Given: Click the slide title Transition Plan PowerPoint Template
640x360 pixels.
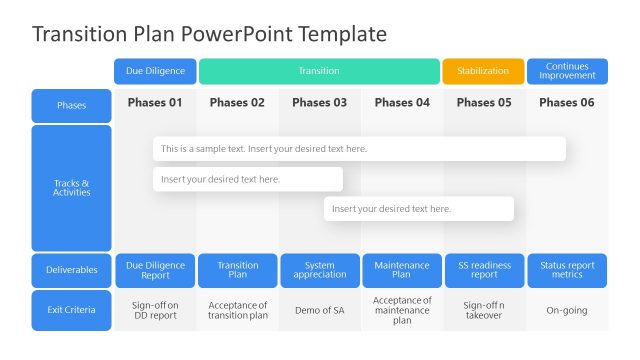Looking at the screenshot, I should click(x=209, y=34).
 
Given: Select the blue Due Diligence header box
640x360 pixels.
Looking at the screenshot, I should click(x=155, y=71).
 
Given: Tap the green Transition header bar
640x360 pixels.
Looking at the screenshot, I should click(x=319, y=71).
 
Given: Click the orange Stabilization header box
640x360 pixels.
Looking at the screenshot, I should click(x=483, y=71).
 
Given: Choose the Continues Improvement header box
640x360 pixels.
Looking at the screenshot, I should click(x=567, y=71).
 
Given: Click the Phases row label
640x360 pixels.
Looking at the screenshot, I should click(x=71, y=105).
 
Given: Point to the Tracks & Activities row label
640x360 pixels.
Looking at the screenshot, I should click(x=71, y=188).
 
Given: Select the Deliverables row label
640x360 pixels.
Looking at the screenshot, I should click(x=71, y=270).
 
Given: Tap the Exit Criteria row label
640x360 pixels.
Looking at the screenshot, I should click(x=71, y=310).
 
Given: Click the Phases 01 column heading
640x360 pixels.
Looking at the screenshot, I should click(x=155, y=102).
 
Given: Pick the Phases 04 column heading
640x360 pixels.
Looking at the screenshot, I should click(x=401, y=102).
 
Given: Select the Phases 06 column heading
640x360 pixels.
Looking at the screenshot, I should click(x=567, y=102).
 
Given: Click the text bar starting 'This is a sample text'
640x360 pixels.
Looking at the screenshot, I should click(x=359, y=149).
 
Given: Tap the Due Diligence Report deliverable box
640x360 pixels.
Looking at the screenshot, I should click(x=155, y=270).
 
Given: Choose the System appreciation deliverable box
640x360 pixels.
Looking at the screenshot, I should click(x=319, y=270).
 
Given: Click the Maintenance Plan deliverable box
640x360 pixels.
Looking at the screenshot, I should click(x=401, y=270).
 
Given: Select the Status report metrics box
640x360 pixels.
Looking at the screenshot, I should click(x=567, y=270).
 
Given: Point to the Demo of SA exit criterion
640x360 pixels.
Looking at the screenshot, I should click(x=319, y=310).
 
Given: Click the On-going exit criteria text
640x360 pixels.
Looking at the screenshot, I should click(x=567, y=310).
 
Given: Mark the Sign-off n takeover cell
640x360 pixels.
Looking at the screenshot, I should click(x=483, y=310).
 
